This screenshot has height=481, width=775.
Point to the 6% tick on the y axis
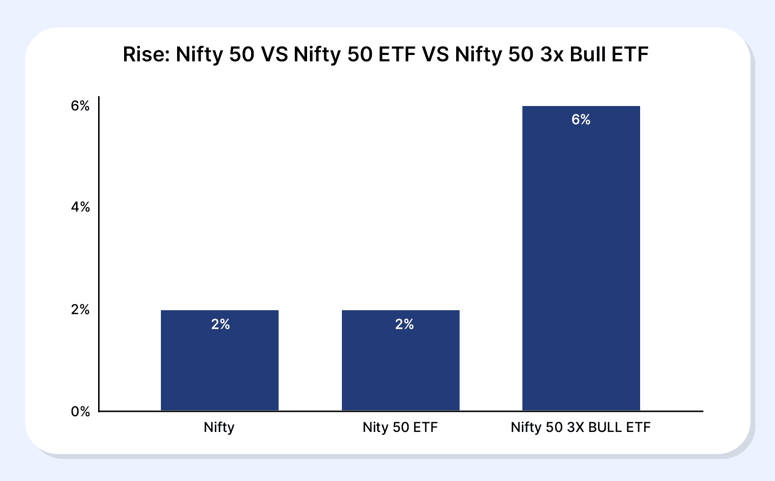pos(80,106)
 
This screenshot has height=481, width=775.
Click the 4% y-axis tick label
pos(80,207)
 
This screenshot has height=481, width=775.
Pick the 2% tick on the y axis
pos(80,310)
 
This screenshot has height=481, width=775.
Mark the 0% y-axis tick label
pos(80,411)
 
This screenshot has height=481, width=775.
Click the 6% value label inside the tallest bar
pos(581,120)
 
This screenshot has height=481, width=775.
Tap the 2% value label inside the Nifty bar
pos(220,324)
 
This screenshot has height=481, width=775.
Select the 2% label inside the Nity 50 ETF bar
pos(404,324)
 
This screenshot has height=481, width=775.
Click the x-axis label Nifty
pos(219,428)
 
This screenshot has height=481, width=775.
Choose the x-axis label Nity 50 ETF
pos(400,428)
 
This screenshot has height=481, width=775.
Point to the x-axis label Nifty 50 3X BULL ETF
pos(580,428)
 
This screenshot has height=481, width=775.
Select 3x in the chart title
pos(552,54)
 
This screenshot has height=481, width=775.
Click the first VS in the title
pos(274,54)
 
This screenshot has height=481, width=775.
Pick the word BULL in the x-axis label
pos(605,428)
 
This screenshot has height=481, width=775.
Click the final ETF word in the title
pos(630,54)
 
